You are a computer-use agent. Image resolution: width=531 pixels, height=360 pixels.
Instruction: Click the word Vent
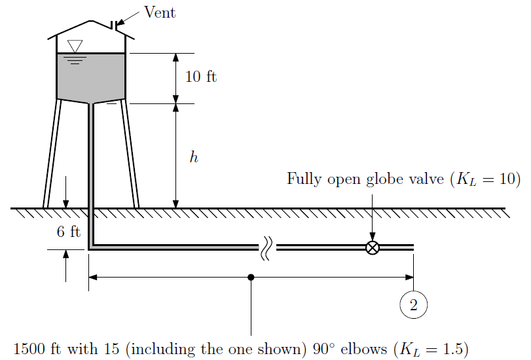click(160, 12)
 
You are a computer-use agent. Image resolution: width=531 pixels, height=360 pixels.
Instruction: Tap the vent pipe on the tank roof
click(115, 26)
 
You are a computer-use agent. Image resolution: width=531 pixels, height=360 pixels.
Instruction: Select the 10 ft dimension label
click(200, 77)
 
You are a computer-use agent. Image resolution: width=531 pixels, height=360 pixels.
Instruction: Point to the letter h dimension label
click(193, 158)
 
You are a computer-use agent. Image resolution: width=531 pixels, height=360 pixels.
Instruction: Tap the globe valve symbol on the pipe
click(372, 247)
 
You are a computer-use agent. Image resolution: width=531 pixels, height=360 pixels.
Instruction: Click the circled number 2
click(413, 304)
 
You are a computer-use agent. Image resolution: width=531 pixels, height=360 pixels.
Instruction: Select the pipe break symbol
click(267, 248)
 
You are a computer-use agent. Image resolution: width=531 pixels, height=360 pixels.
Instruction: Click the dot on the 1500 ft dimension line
click(251, 277)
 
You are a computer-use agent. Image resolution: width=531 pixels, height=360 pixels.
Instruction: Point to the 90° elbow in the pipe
click(91, 247)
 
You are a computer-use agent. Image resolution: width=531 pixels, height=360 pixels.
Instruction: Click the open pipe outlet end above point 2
click(412, 247)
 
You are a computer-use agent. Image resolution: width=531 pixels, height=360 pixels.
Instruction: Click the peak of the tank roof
click(91, 21)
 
